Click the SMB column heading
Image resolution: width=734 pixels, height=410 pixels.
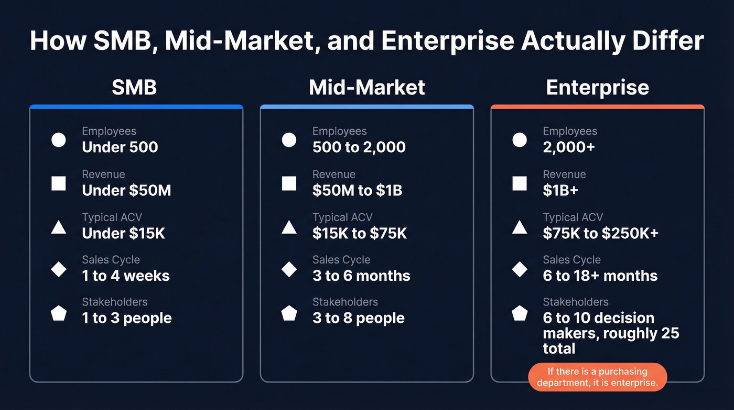(x=134, y=87)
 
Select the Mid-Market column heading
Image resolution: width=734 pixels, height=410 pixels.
(x=366, y=87)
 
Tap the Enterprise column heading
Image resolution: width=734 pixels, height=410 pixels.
(x=597, y=87)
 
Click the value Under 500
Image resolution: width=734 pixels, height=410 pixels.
(x=120, y=147)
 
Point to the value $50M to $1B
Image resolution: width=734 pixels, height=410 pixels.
(x=357, y=190)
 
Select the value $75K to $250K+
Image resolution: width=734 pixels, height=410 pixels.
(x=600, y=233)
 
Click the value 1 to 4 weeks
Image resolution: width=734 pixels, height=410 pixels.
(x=126, y=276)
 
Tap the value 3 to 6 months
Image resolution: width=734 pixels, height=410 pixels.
(x=361, y=276)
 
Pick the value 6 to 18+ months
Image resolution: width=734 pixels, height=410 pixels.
(x=600, y=276)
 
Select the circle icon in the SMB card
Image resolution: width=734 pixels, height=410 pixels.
(x=59, y=140)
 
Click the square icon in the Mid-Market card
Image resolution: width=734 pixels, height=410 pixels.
(x=289, y=183)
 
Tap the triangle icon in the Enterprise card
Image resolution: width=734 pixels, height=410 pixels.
(x=520, y=227)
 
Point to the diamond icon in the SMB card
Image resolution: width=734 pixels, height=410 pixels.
(x=59, y=269)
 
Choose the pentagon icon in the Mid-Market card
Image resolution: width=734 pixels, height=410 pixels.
(x=289, y=313)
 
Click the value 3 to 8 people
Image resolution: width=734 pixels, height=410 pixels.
(x=359, y=318)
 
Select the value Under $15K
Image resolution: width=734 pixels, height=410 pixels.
(x=124, y=233)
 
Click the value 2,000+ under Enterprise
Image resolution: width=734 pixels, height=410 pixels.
(x=569, y=147)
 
